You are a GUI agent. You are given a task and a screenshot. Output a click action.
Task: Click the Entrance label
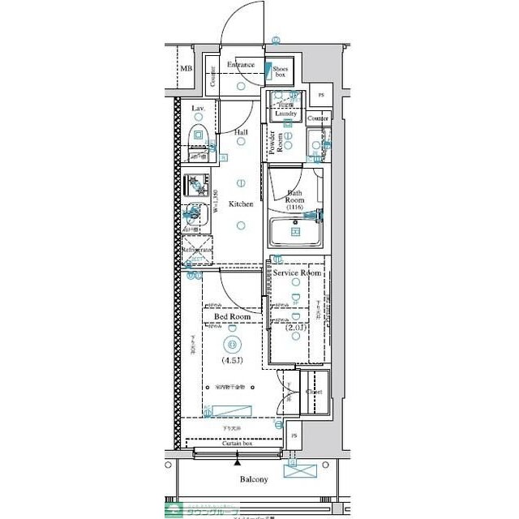240,65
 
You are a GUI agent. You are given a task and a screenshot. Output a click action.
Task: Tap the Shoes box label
281,72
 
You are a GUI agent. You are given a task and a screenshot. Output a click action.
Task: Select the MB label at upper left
187,70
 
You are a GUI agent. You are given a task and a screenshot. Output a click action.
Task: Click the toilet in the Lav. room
199,133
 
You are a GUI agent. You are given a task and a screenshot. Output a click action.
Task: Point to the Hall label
241,131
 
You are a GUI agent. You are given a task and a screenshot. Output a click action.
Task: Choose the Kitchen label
240,204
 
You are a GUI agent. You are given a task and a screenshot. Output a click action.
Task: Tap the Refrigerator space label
195,251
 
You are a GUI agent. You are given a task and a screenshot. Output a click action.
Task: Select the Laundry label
286,114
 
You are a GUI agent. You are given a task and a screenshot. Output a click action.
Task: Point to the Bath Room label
294,198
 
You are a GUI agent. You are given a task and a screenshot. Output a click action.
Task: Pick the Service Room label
296,273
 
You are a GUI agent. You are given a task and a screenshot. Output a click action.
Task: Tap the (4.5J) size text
232,361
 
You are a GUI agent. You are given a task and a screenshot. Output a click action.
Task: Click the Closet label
314,392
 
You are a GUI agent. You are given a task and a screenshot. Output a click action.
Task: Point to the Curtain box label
236,444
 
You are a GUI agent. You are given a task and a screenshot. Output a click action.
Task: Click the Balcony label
253,479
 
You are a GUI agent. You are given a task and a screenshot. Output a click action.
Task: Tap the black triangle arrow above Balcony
237,462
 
